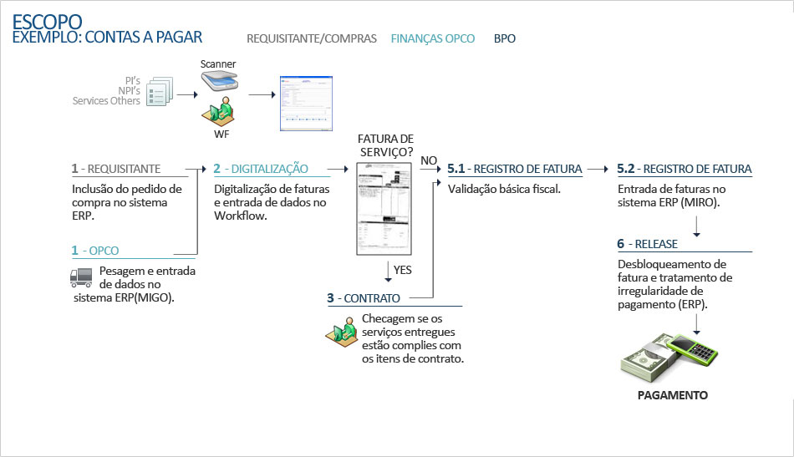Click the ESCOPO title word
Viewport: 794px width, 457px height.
point(47,21)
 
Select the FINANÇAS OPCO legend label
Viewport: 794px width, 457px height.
point(433,38)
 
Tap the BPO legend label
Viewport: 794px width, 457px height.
point(505,38)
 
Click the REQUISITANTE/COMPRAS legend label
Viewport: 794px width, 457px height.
point(312,38)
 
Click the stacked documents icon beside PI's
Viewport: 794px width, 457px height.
point(159,91)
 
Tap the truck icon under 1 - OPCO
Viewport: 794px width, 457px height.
point(80,278)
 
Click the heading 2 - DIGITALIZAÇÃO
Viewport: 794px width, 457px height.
point(261,169)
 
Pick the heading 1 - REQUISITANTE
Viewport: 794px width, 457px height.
point(116,169)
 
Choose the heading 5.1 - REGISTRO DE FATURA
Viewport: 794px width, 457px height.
point(515,169)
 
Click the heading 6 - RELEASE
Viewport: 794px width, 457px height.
point(647,244)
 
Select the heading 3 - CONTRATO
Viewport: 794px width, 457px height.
point(364,298)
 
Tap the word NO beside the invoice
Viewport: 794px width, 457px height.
point(429,160)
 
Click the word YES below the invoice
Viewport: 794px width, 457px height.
point(402,270)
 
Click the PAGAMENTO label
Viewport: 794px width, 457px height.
point(673,395)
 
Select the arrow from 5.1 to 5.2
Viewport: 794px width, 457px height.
point(598,169)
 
